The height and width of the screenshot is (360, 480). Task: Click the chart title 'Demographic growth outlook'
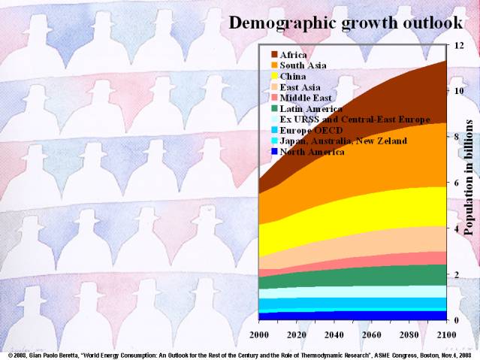point(345,23)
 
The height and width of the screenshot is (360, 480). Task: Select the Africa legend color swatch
point(274,55)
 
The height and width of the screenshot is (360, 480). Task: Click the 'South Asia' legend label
point(303,65)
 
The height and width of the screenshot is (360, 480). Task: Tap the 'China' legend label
point(294,76)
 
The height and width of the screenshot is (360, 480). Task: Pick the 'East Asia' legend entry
point(300,87)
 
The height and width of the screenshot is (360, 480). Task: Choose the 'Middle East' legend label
point(305,98)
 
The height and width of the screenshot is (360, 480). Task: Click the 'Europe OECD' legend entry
point(310,130)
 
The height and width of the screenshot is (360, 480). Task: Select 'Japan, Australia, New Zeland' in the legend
point(343,141)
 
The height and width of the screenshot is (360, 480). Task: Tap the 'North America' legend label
point(312,152)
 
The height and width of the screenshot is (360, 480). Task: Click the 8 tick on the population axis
point(457,137)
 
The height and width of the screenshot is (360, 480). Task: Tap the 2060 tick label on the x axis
point(371,334)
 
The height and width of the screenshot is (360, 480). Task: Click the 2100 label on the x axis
point(446,334)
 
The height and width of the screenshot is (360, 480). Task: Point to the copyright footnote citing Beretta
point(240,354)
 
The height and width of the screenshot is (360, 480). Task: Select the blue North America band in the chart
point(353,316)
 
